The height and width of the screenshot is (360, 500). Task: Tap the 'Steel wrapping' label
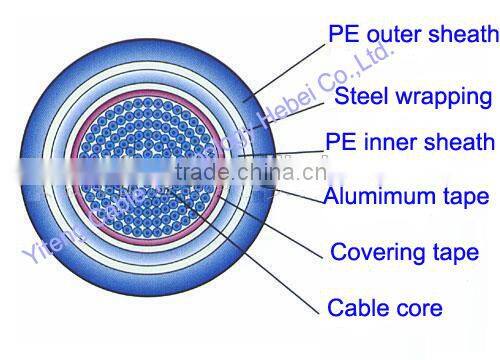(x=412, y=97)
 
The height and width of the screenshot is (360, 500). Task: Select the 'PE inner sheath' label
(x=411, y=142)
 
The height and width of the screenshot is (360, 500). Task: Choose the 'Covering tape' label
(x=404, y=250)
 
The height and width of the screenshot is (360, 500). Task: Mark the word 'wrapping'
(x=440, y=98)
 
